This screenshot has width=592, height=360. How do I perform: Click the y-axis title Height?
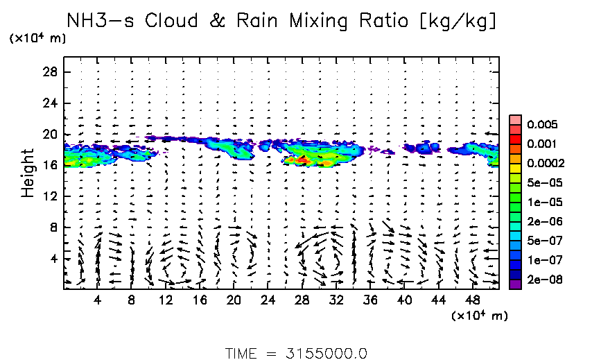coord(28,172)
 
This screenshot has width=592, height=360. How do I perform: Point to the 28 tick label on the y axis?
coord(49,72)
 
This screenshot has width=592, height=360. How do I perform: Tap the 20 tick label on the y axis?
coord(49,134)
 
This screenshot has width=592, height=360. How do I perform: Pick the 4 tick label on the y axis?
coord(53,259)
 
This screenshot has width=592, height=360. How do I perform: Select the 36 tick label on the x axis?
coord(371,300)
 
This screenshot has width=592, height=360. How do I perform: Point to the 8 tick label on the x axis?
coord(132,300)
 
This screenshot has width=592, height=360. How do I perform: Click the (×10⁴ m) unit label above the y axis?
coord(38,39)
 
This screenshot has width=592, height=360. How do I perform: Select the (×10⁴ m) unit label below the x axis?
coord(479,316)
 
